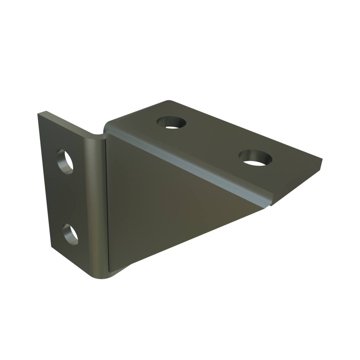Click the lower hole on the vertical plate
pyautogui.click(x=70, y=234)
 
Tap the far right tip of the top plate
pyautogui.click(x=322, y=160)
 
